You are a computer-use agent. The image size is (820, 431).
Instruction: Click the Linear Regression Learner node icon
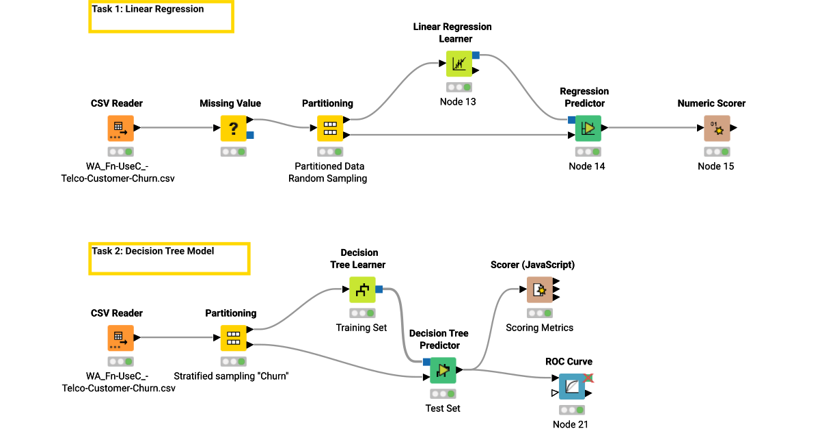459,64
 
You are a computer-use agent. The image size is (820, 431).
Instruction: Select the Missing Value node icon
233,128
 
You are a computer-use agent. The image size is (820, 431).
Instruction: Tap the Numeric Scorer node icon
717,128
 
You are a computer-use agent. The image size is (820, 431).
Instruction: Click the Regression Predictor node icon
588,128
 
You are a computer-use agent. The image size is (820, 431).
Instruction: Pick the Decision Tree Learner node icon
362,289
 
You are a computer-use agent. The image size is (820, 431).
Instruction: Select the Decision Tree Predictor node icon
443,370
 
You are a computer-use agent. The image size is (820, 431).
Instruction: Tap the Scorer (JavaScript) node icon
540,289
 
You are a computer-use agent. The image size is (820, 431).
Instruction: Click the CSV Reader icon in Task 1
120,128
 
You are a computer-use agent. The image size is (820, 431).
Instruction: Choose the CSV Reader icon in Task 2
120,337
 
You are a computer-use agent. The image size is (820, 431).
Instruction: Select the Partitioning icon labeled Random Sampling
330,128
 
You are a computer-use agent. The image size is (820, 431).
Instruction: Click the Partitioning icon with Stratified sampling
233,337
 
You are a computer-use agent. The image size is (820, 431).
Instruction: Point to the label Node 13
458,102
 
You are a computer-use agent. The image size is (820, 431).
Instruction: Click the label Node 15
715,166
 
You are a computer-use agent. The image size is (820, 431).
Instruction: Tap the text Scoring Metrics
539,328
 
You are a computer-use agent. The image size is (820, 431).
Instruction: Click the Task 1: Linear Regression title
148,10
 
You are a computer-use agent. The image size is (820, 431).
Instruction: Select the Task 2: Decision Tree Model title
153,251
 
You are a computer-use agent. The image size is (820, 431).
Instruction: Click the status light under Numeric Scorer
717,151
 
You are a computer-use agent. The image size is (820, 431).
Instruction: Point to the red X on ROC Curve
588,377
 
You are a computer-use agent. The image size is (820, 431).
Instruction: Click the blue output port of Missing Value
250,135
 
